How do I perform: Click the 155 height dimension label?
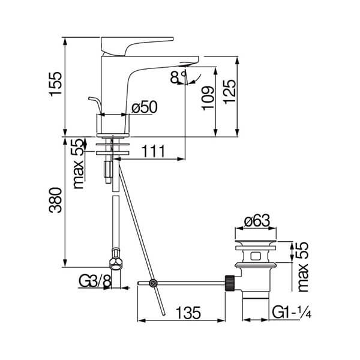[x=56, y=83]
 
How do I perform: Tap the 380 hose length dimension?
[x=56, y=200]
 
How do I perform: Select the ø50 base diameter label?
[x=145, y=107]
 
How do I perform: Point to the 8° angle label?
[x=178, y=77]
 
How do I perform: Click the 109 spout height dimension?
[x=208, y=98]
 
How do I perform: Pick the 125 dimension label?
[x=230, y=92]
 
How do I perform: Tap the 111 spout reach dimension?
[x=153, y=151]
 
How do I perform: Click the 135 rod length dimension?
[x=188, y=313]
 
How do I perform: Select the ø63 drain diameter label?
[x=257, y=221]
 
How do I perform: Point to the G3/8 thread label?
[x=95, y=281]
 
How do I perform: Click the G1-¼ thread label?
[x=292, y=312]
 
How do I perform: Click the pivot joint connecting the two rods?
[x=153, y=283]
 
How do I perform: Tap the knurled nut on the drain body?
[x=230, y=283]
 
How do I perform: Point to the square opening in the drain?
[x=256, y=256]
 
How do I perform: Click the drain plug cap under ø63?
[x=256, y=243]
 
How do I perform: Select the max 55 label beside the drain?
[x=302, y=267]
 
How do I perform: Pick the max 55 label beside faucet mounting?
[x=77, y=164]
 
